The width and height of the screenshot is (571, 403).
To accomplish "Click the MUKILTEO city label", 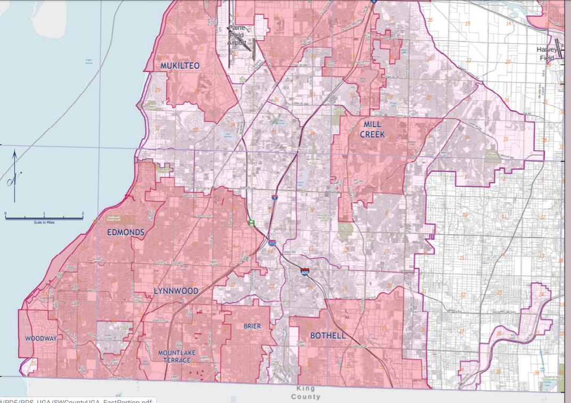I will click(180, 66).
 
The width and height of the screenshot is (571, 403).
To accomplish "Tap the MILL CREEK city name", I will click(372, 129).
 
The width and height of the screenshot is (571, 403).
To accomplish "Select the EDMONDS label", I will click(126, 233).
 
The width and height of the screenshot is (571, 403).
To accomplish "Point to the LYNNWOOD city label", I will click(176, 291).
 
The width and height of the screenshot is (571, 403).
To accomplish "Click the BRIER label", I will click(252, 326).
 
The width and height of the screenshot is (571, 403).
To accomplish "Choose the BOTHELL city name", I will click(328, 336).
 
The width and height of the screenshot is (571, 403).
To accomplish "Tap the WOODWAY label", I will click(40, 339).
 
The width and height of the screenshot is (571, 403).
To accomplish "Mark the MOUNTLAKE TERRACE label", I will click(177, 357).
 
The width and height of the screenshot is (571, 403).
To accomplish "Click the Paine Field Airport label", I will click(236, 35).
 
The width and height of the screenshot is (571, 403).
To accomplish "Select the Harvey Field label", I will click(546, 54).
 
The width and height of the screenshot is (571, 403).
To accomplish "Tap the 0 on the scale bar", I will click(6, 213).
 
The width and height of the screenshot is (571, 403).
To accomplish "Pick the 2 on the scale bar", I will click(83, 213).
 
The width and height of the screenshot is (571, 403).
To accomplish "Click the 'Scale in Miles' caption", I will click(44, 222).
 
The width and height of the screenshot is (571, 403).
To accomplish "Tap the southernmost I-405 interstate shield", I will click(305, 272).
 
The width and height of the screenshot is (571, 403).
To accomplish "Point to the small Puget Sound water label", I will click(89, 62).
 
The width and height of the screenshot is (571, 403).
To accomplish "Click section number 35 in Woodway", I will click(34, 364).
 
